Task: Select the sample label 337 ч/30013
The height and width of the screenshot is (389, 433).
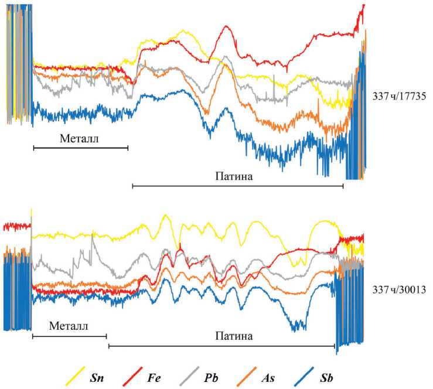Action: tap(403, 289)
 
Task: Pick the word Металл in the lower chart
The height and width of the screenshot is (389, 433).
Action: tap(69, 325)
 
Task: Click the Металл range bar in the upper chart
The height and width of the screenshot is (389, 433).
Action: tap(80, 148)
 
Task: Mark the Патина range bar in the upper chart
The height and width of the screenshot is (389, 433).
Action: tap(238, 186)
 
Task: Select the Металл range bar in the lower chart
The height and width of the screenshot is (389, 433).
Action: tap(69, 336)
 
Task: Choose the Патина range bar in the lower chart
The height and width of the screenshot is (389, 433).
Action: tap(221, 346)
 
